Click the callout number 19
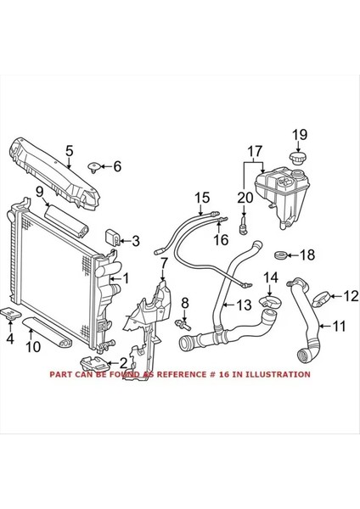click(299, 133)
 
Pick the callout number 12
click(349, 296)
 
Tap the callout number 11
click(338, 325)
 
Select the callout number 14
click(270, 277)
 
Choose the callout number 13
click(243, 305)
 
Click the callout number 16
click(222, 240)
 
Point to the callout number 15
click(201, 199)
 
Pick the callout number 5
click(69, 154)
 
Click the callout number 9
click(39, 193)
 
